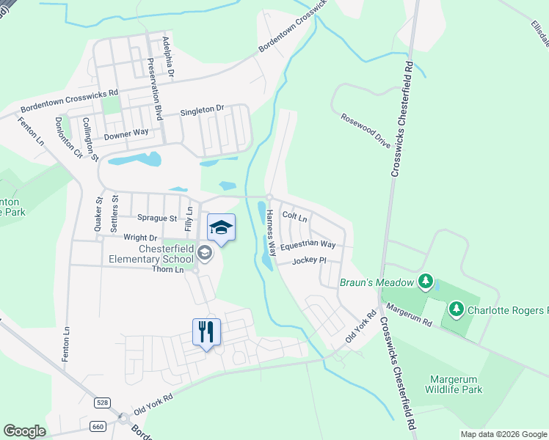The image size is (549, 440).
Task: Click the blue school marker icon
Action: point(221,228)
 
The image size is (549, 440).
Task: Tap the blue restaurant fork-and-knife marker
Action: point(206,332)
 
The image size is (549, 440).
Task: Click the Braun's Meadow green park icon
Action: point(425,282)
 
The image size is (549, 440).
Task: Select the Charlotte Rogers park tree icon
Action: point(456,309)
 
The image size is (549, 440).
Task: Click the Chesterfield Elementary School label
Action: point(150,254)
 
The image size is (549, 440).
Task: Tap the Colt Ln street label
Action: point(294,217)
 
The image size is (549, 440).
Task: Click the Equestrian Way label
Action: point(308,245)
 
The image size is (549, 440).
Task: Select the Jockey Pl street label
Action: point(308,260)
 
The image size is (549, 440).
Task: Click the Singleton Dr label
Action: point(202,111)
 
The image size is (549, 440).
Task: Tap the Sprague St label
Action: point(157,218)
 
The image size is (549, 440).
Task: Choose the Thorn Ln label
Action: point(168,270)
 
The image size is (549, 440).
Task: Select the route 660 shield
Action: point(98,426)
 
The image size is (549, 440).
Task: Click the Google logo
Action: point(24,431)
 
